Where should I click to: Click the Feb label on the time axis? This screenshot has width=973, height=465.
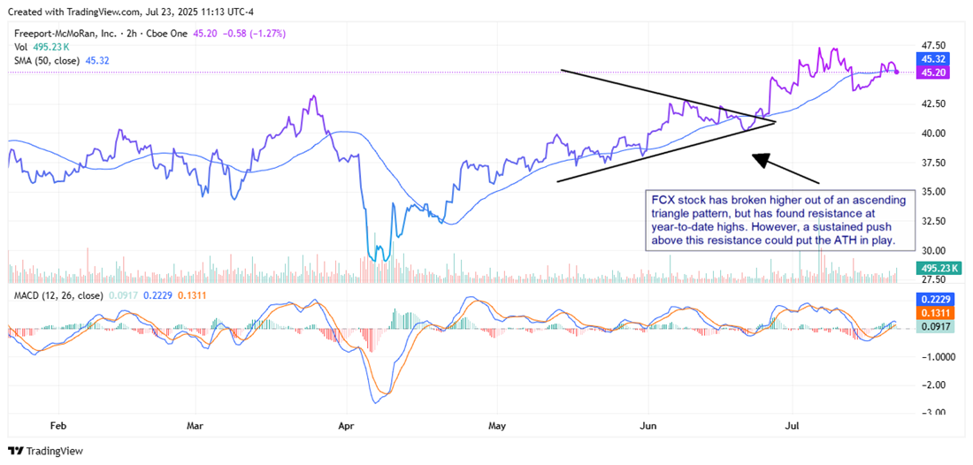[x=58, y=424]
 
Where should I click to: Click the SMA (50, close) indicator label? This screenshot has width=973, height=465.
[x=44, y=60]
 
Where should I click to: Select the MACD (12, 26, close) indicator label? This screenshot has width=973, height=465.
[x=56, y=294]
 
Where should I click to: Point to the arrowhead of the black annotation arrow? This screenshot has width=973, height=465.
[x=755, y=157]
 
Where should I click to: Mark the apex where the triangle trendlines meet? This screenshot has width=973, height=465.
[x=775, y=121]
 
